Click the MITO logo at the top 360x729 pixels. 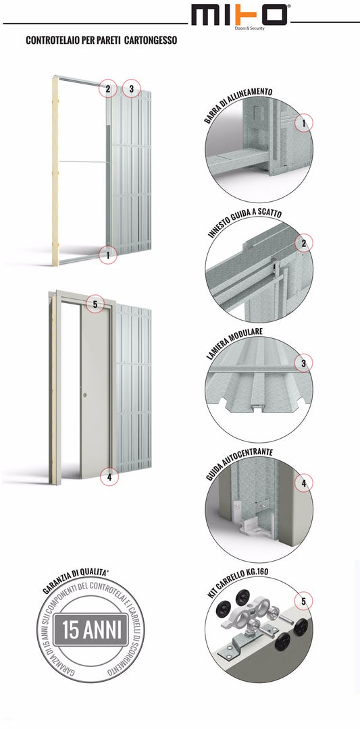[x=240, y=15]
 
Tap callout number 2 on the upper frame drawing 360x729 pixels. [x=107, y=88]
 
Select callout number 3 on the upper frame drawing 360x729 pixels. [x=132, y=88]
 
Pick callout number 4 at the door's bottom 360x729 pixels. [x=108, y=477]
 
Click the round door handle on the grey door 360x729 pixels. [x=85, y=394]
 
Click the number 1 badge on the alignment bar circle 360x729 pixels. [x=304, y=123]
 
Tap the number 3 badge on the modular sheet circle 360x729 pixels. [x=304, y=363]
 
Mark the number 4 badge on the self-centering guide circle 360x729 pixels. [x=304, y=483]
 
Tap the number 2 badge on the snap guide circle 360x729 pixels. [x=304, y=243]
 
